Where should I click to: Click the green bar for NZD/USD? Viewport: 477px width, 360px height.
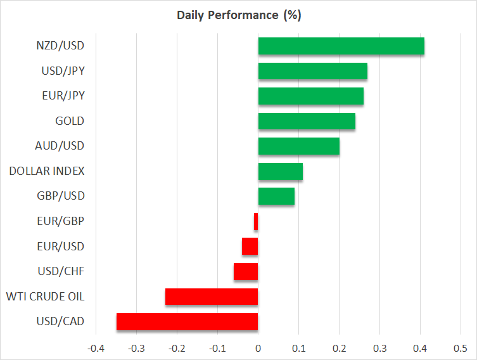341,46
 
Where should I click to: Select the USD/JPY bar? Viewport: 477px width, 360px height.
312,71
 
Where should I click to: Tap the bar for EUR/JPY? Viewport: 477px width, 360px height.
310,96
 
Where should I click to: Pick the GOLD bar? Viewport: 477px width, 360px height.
307,121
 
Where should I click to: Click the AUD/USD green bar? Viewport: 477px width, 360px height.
298,146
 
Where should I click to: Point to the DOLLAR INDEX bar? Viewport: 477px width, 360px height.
280,171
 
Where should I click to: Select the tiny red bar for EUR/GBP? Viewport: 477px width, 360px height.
256,221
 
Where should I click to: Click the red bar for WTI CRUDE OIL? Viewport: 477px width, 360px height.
212,297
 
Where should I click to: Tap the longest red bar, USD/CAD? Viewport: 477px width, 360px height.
187,321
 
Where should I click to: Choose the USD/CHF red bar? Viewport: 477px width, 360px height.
246,271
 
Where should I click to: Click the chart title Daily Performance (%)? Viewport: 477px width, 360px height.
238,15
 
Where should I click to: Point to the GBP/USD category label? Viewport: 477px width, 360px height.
60,196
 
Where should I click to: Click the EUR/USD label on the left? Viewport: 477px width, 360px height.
60,246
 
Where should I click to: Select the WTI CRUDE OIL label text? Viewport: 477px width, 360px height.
45,296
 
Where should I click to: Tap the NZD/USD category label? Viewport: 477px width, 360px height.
60,46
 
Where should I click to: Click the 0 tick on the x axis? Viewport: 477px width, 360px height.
258,348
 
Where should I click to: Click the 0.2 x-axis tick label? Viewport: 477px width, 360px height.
339,348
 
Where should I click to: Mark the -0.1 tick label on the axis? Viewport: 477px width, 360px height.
217,348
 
